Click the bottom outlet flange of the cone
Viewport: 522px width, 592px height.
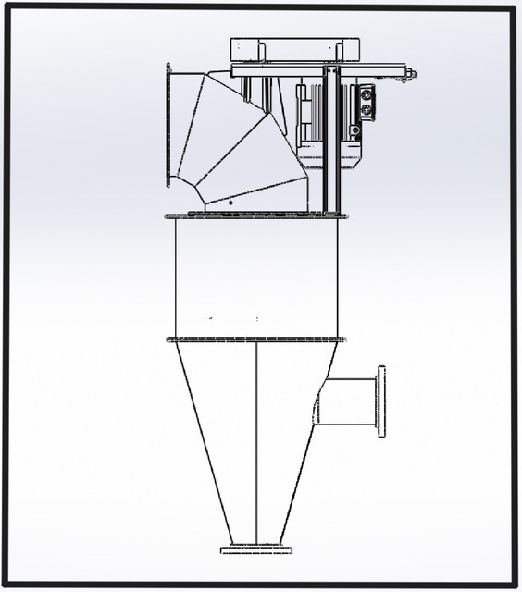coord(255,549)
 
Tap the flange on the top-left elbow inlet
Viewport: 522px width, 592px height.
coord(168,125)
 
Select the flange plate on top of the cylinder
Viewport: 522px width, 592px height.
coord(255,216)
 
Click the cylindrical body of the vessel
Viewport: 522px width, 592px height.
coord(255,277)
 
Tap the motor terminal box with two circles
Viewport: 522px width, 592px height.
coord(367,103)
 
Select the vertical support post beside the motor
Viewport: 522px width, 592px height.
coord(331,139)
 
